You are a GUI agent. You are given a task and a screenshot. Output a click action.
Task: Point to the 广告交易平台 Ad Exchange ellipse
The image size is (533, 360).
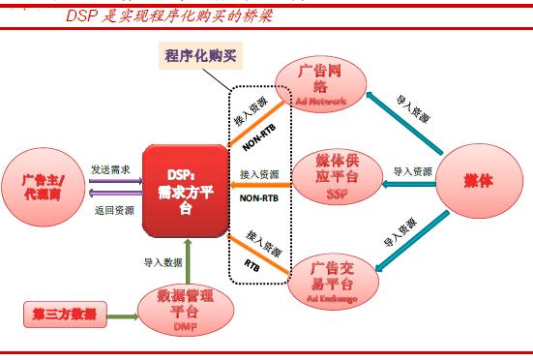327,279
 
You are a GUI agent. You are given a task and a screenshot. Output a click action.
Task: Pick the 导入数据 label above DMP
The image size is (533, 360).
160,261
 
